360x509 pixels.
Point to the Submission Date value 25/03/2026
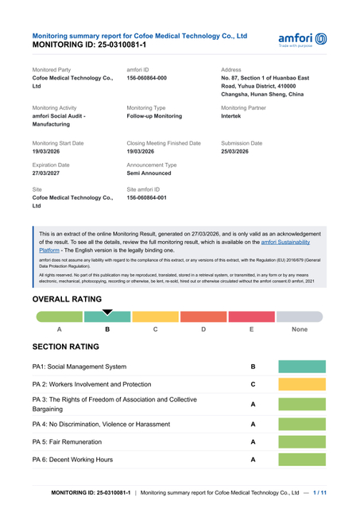(x=238, y=150)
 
